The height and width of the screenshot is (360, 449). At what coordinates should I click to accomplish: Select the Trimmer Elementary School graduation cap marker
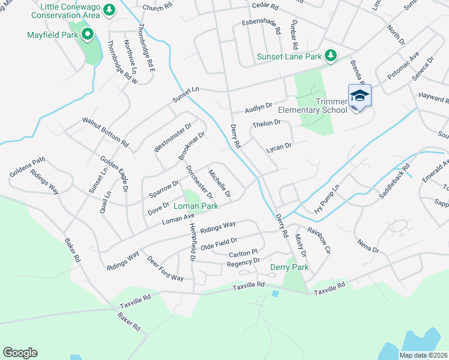[x=360, y=96]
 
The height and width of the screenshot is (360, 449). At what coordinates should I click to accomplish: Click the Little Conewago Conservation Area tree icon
[x=109, y=10]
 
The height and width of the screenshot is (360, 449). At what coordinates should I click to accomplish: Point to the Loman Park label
[x=195, y=206]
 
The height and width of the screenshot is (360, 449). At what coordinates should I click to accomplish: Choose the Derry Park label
[x=289, y=267]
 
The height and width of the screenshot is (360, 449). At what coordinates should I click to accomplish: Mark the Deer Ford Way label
[x=165, y=270]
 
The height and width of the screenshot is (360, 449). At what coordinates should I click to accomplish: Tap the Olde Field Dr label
[x=219, y=244]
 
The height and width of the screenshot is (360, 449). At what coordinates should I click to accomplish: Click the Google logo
[x=20, y=353]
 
